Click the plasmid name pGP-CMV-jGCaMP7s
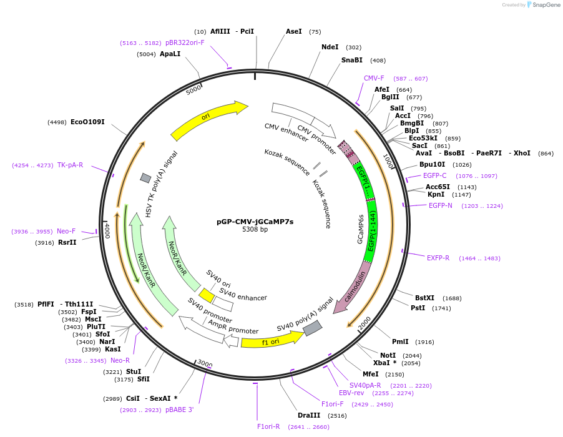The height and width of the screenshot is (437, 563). pyautogui.click(x=255, y=221)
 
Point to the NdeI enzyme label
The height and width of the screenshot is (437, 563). pyautogui.click(x=330, y=47)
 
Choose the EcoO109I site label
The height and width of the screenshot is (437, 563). pyautogui.click(x=87, y=122)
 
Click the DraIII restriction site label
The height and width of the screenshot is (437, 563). pyautogui.click(x=308, y=415)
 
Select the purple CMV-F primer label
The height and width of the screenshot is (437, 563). pyautogui.click(x=374, y=79)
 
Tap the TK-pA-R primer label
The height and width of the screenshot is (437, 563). pyautogui.click(x=70, y=165)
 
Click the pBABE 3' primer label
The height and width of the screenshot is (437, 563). pyautogui.click(x=179, y=410)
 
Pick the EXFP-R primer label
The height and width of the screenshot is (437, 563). pyautogui.click(x=438, y=258)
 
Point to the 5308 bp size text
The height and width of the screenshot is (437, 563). pyautogui.click(x=255, y=230)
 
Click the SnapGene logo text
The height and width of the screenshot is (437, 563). pyautogui.click(x=546, y=5)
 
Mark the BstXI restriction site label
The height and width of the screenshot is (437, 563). pyautogui.click(x=424, y=298)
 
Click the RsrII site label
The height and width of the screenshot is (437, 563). pyautogui.click(x=67, y=242)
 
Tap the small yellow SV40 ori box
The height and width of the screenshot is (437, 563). pyautogui.click(x=207, y=293)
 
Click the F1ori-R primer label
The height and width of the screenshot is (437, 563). pyautogui.click(x=268, y=427)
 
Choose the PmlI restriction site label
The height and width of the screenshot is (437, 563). pyautogui.click(x=400, y=341)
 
